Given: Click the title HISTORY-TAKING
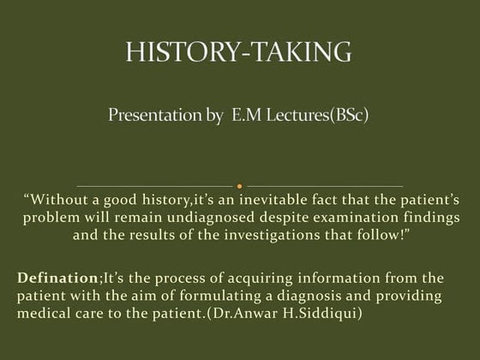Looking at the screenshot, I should (239, 52).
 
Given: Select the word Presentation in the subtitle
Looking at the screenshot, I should (153, 114).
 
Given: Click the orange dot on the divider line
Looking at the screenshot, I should (240, 185).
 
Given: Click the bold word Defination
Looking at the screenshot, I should (56, 279).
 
